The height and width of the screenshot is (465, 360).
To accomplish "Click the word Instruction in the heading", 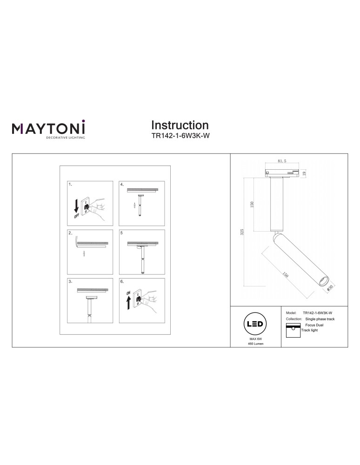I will point(180,125).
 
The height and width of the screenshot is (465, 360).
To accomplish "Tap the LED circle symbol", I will point(256,324).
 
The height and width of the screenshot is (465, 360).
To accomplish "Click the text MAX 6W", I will point(256,340).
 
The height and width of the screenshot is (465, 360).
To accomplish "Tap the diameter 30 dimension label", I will point(330,288).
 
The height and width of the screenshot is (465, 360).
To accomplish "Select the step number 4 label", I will point(122,185).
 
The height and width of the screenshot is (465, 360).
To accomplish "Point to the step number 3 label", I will point(70,281).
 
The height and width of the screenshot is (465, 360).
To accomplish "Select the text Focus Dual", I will point(314,325).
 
